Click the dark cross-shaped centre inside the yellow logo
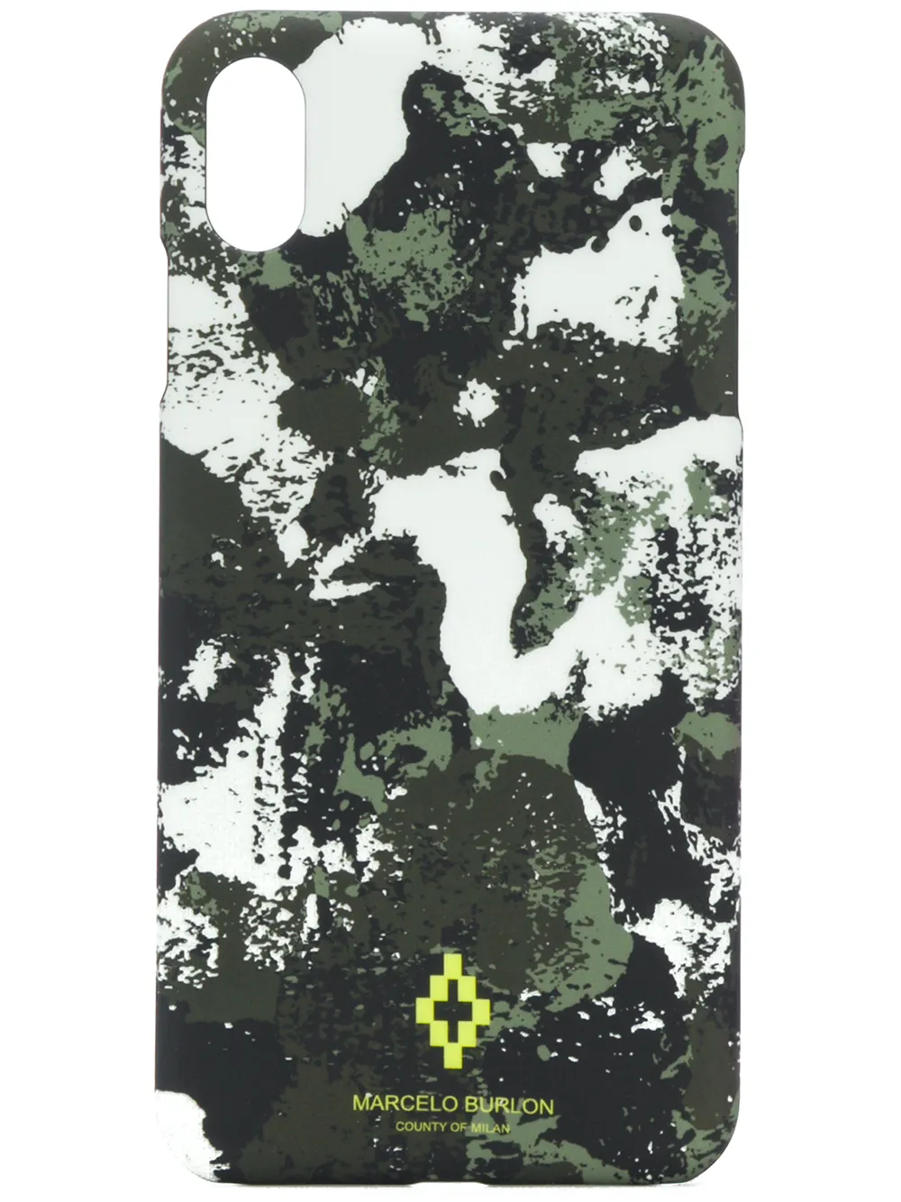point(450,1017)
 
